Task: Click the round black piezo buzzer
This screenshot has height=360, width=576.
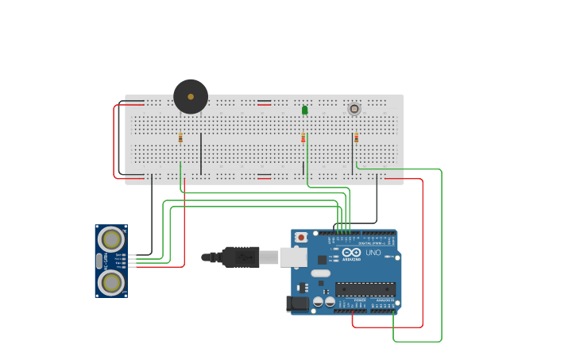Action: click(191, 96)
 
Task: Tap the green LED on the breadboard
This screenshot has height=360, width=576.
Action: click(304, 110)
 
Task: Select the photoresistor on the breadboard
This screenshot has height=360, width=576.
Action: click(354, 109)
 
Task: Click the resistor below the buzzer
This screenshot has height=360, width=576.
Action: click(180, 138)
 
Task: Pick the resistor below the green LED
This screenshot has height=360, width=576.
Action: click(303, 138)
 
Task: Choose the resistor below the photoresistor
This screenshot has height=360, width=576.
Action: click(356, 138)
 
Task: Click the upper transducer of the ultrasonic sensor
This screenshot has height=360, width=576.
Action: click(111, 238)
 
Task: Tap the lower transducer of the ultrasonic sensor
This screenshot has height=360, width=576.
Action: click(111, 281)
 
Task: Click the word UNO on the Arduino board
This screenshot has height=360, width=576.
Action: click(373, 253)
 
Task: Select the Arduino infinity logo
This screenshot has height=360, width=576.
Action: click(351, 252)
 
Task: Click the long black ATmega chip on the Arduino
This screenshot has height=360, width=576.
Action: click(365, 289)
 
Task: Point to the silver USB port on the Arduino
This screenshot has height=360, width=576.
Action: click(293, 257)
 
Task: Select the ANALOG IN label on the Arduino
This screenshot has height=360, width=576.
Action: click(383, 299)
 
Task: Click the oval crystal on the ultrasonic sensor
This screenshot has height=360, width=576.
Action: click(99, 261)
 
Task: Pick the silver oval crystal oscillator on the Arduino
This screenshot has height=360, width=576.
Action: click(321, 273)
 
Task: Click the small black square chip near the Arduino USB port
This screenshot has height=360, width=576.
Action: click(322, 260)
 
